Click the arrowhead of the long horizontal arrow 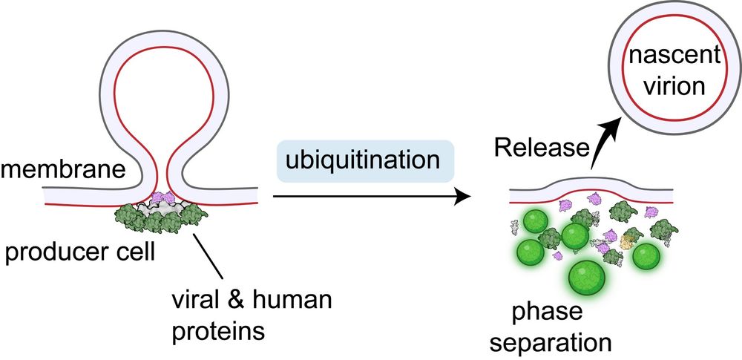point(464,197)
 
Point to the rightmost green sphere point(645,256)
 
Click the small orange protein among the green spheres point(628,240)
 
